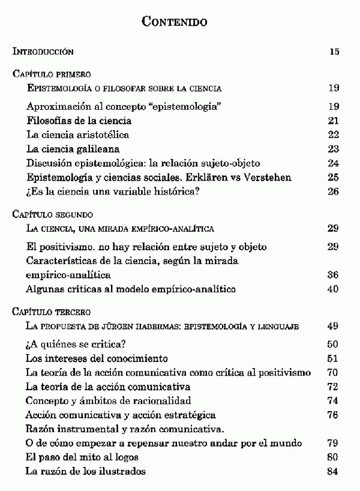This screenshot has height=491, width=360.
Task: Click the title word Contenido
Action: [x=174, y=22]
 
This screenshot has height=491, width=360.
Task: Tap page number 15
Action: [x=334, y=52]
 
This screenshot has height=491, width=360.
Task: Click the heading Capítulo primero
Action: [x=52, y=74]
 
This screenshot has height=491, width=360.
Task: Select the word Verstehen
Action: [x=268, y=177]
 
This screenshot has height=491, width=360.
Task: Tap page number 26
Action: [x=334, y=191]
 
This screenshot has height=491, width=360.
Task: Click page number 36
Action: [x=334, y=274]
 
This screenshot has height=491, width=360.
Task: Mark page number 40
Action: [x=334, y=289]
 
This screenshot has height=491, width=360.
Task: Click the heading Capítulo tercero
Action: [x=52, y=312]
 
